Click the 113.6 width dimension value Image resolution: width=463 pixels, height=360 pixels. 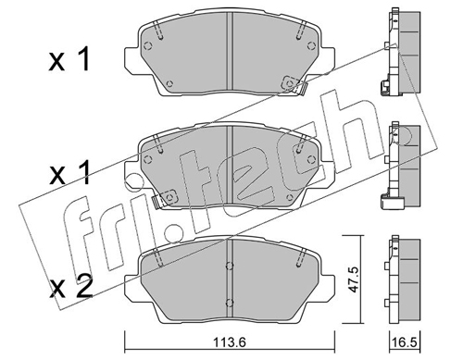[230, 341]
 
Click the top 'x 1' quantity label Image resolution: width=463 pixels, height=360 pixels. [69, 59]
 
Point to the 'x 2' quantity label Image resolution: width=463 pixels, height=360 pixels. [70, 287]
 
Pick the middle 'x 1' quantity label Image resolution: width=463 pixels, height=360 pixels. [69, 173]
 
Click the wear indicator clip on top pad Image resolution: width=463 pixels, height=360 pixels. [294, 85]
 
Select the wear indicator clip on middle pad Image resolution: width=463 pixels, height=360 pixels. [165, 200]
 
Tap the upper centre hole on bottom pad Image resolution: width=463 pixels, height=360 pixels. [230, 266]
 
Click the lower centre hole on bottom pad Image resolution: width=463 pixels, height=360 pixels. [230, 302]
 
